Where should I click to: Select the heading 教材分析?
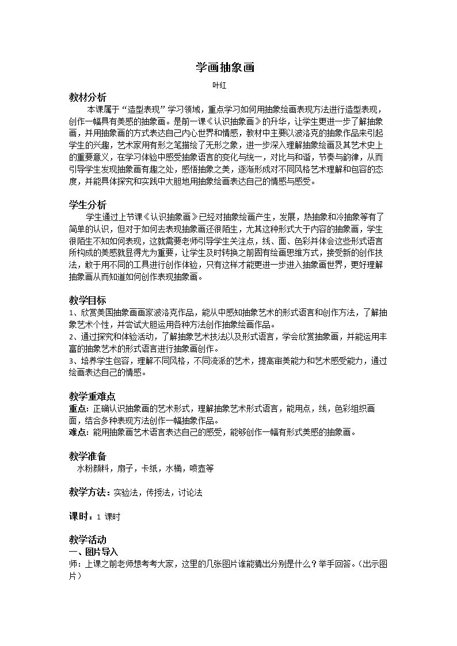coord(87,97)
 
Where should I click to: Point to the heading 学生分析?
coord(87,205)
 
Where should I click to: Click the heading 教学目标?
coord(87,301)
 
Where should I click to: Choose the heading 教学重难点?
coord(92,396)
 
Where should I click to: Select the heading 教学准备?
coord(87,456)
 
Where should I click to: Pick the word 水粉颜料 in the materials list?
coord(92,468)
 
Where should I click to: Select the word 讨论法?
coord(190,493)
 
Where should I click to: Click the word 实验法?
coord(125,493)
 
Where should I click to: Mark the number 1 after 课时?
coord(98,517)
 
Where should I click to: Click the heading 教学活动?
coord(87,540)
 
